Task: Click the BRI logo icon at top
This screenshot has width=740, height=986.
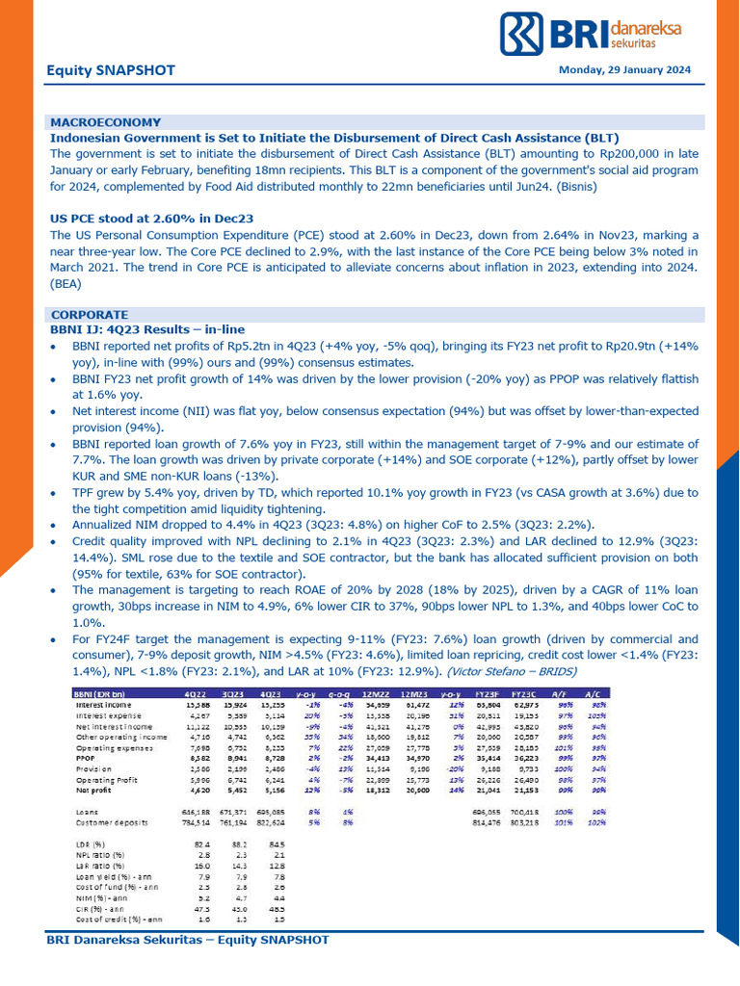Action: pyautogui.click(x=522, y=34)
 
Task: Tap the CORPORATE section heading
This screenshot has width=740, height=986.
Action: pyautogui.click(x=89, y=315)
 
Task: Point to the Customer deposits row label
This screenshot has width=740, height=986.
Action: pyautogui.click(x=112, y=823)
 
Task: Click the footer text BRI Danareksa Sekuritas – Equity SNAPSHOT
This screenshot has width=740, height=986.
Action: pyautogui.click(x=188, y=939)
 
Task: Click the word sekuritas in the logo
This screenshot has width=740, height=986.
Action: pyautogui.click(x=635, y=43)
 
